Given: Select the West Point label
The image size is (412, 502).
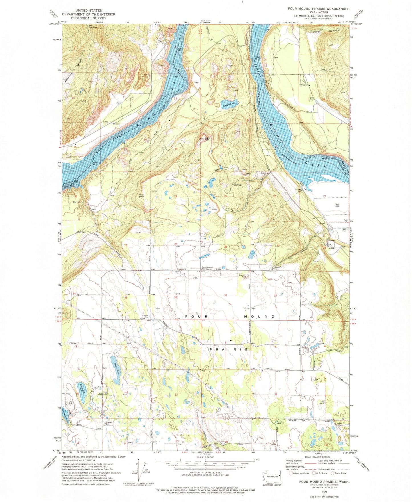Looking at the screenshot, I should pos(141,196).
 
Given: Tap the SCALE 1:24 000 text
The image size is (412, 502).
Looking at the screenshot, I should pos(205,457).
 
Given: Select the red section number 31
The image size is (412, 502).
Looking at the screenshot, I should pos(226,295).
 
